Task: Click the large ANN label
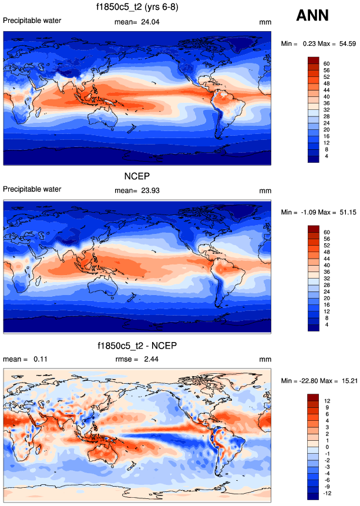tap(312, 16)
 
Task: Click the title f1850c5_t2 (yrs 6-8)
tap(138, 8)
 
